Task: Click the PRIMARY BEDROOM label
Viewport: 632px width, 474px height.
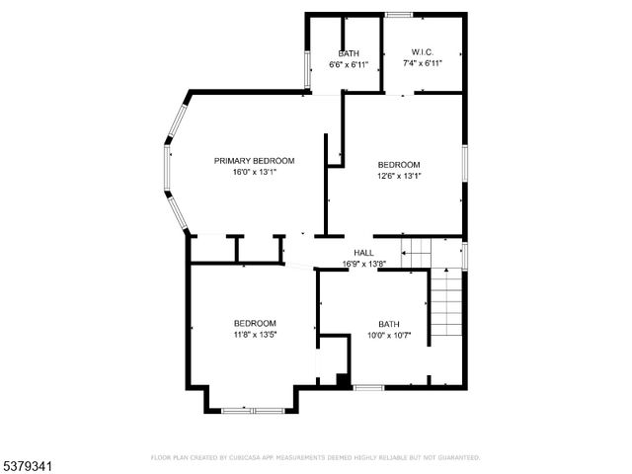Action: pos(254,160)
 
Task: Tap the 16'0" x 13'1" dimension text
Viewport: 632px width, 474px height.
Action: pos(254,171)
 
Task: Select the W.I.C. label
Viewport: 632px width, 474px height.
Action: pos(422,53)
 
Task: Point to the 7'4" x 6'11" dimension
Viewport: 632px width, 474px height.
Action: pos(422,64)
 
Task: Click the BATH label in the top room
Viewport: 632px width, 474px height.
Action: pos(349,53)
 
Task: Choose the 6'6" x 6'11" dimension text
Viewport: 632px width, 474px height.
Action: pos(349,64)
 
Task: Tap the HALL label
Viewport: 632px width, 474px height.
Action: pos(363,253)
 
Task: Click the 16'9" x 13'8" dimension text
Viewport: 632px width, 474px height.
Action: pos(363,264)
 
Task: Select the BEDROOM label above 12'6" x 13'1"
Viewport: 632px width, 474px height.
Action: pos(399,165)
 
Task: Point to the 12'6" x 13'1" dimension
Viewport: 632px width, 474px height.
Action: pos(399,176)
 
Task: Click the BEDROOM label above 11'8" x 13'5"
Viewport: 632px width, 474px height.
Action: pos(254,323)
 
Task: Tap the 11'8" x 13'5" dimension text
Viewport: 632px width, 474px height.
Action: pos(254,334)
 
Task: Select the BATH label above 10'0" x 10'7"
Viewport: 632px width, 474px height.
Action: pos(388,324)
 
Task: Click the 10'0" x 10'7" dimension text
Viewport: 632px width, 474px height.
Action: pos(388,335)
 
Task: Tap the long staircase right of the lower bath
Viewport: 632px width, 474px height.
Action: pos(446,306)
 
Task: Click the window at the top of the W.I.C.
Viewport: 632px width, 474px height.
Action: pos(399,15)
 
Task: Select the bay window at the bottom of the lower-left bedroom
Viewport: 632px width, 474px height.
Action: pos(252,410)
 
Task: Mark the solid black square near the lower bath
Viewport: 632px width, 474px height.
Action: pos(342,379)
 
